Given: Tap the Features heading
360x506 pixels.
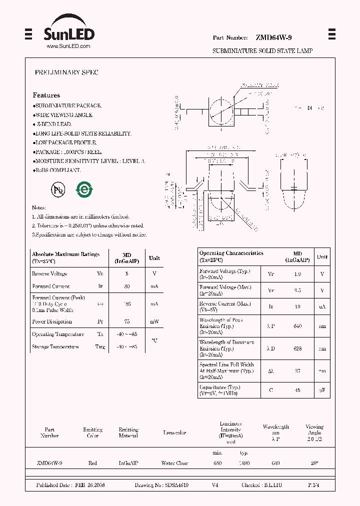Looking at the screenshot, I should [46, 95].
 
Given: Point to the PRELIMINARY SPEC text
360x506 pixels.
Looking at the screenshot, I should [66, 72].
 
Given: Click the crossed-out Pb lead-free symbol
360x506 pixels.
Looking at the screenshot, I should [57, 189].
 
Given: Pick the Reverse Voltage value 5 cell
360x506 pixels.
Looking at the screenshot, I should [127, 274].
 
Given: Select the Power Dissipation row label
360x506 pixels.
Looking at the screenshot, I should [52, 321].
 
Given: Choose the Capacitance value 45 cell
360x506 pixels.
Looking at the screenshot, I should [297, 390].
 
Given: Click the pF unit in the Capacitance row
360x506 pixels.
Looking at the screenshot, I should [322, 390].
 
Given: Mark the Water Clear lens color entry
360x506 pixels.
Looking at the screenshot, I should [174, 463].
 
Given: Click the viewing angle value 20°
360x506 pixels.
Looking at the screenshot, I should [314, 463].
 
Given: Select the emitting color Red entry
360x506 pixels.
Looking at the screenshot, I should [92, 463].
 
